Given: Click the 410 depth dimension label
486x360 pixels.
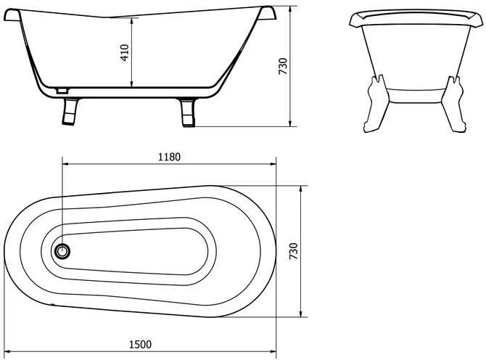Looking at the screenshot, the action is click(125, 52).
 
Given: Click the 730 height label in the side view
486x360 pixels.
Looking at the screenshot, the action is click(283, 66).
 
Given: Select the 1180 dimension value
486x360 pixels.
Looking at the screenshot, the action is click(169, 157).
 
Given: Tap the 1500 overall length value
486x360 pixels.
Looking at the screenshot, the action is click(140, 345).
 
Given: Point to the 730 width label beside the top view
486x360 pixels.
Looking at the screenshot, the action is click(293, 251).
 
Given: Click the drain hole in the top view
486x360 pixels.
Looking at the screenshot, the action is click(62, 251).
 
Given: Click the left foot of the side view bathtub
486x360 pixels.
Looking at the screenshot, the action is click(70, 112).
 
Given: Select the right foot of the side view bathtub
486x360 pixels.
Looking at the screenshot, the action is click(187, 112).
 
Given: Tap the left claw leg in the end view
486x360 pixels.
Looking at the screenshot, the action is click(376, 104).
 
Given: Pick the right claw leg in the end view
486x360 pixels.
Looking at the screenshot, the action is click(454, 104).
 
